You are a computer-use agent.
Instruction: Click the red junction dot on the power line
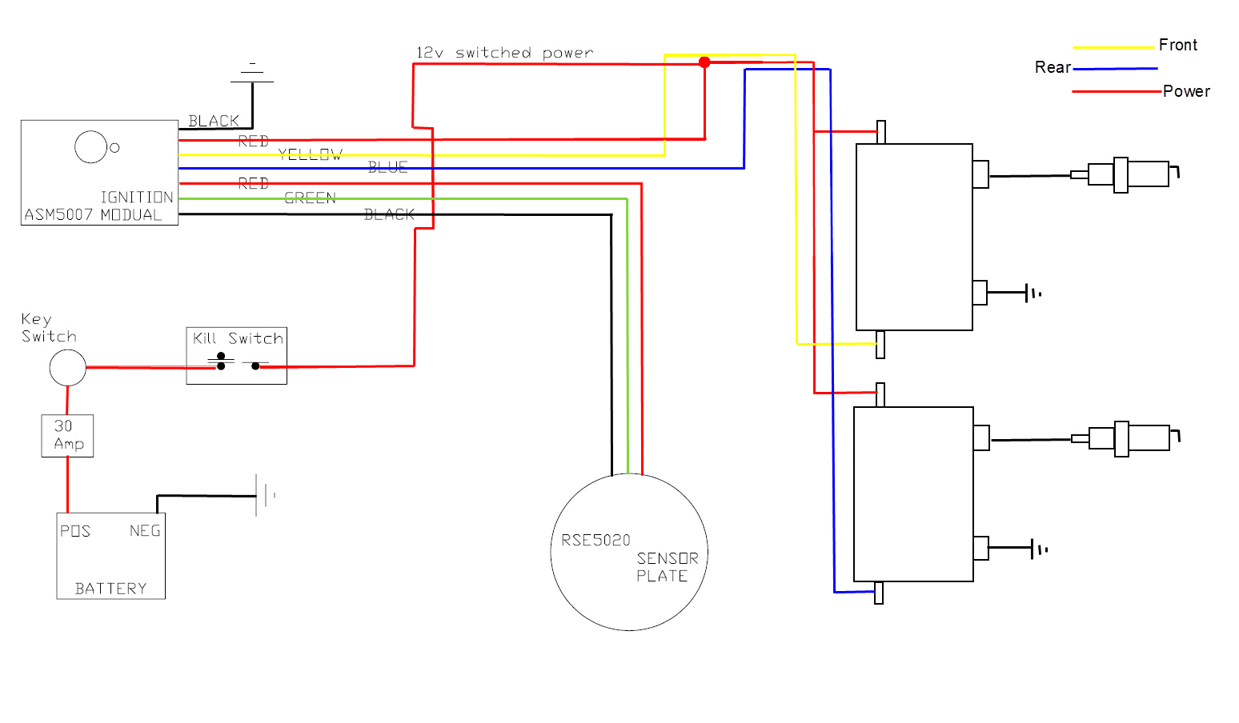pyautogui.click(x=704, y=62)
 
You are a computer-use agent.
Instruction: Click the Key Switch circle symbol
pyautogui.click(x=68, y=368)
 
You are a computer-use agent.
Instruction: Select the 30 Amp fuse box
pyautogui.click(x=67, y=436)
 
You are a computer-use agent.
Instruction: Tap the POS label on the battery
pyautogui.click(x=75, y=531)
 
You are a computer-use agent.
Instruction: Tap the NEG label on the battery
pyautogui.click(x=145, y=531)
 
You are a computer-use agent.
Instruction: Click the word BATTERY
pyautogui.click(x=110, y=589)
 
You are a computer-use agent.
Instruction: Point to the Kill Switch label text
pyautogui.click(x=238, y=338)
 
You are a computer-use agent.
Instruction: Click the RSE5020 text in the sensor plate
pyautogui.click(x=595, y=541)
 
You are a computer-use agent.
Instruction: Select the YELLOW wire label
pyautogui.click(x=310, y=154)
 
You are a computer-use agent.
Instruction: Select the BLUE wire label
pyautogui.click(x=388, y=167)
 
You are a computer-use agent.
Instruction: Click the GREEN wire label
pyautogui.click(x=310, y=198)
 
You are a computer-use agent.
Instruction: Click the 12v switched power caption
pyautogui.click(x=504, y=53)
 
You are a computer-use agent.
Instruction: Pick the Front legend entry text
pyautogui.click(x=1177, y=45)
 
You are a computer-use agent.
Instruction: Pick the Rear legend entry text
pyautogui.click(x=1053, y=67)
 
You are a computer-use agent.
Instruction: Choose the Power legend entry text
pyautogui.click(x=1186, y=91)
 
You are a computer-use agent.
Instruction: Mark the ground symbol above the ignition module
pyautogui.click(x=252, y=72)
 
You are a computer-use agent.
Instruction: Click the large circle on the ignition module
pyautogui.click(x=90, y=147)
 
